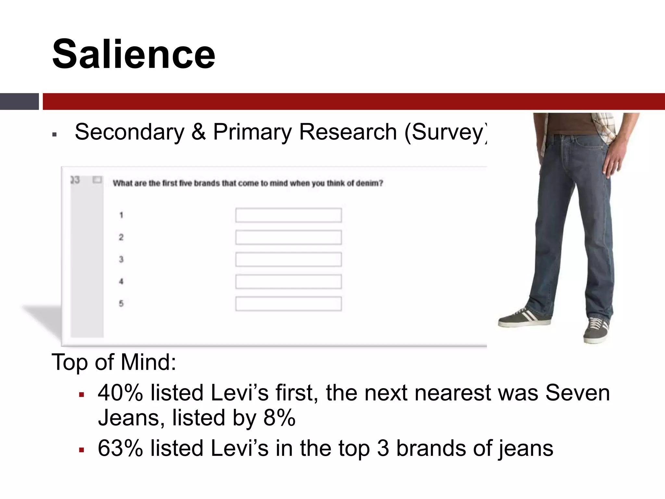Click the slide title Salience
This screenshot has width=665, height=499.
point(133,54)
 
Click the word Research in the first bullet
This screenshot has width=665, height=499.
point(348,132)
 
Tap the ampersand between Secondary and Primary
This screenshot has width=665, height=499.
point(198,132)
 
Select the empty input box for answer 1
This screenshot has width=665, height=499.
point(288,215)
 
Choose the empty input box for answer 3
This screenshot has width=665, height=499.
point(288,260)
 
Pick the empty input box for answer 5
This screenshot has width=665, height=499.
point(288,304)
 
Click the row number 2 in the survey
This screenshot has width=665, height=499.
point(121,237)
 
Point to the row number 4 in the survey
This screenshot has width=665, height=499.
point(121,282)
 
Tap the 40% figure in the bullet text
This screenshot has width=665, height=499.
point(120,393)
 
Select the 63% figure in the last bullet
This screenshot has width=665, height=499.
point(120,448)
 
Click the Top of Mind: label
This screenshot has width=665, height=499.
point(114,362)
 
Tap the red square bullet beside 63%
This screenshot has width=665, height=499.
point(82,450)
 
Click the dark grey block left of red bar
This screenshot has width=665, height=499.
point(19,101)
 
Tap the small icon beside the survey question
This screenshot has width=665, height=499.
point(97,180)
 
